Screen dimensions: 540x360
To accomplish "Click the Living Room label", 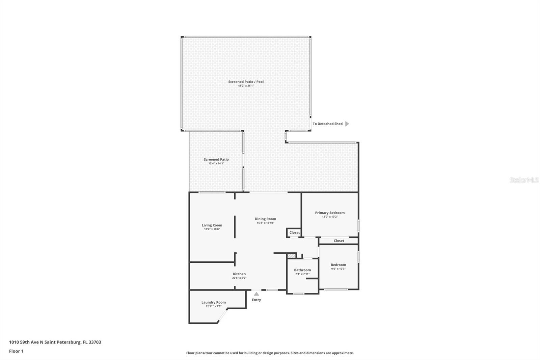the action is [212, 225].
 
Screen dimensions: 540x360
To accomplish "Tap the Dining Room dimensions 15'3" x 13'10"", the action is [265, 223].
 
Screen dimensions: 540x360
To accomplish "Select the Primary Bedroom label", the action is [330, 212].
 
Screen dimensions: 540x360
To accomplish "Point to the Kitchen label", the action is [239, 274].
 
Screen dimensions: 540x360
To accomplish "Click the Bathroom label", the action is [302, 270].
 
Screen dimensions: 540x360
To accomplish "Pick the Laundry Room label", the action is [214, 302].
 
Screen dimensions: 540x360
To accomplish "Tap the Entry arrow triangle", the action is [256, 294].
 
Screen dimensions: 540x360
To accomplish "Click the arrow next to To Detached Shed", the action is [347, 124].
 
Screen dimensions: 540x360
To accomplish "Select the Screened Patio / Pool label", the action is [246, 82].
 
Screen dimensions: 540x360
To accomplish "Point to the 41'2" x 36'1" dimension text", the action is [246, 86].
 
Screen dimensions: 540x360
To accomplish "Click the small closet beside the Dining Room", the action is [294, 233].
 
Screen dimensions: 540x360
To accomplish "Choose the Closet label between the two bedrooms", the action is [339, 240].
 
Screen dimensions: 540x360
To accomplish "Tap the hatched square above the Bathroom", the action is [292, 256].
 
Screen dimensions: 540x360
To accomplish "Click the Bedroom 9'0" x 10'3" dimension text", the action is [338, 268].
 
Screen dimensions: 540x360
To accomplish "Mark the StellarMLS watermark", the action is [524, 180].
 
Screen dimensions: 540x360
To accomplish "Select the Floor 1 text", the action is [16, 351].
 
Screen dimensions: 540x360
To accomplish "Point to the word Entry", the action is [256, 300].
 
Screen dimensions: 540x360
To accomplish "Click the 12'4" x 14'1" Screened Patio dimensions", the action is [216, 163].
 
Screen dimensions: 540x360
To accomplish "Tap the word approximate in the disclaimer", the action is [343, 353].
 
